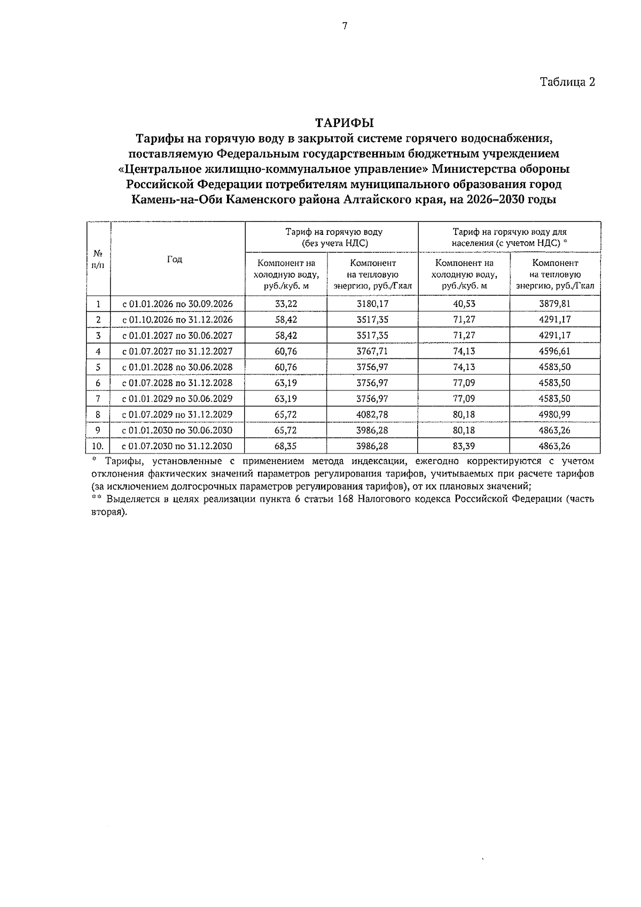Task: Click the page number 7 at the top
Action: tap(345, 26)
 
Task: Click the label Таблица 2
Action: tap(567, 82)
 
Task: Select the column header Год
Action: tap(175, 259)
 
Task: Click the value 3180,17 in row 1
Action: tap(372, 304)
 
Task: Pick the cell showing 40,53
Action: tap(464, 304)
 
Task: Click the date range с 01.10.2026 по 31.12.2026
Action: tap(177, 320)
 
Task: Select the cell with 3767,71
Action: tap(372, 351)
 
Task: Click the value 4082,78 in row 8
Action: tap(372, 414)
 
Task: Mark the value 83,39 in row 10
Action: tap(464, 446)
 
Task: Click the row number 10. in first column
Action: tap(98, 446)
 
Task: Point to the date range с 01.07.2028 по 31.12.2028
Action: tap(177, 383)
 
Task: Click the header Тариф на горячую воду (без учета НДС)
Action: tap(334, 237)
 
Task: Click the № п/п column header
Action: tap(98, 259)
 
